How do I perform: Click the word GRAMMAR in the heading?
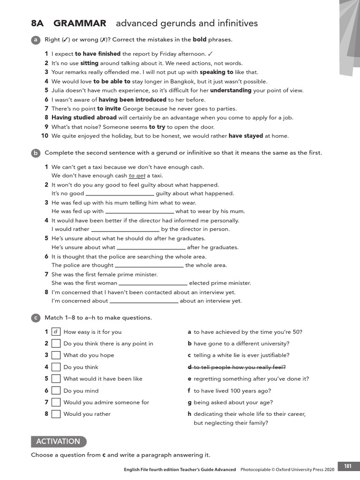80,23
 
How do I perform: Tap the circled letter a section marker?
35,40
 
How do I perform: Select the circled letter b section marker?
35,153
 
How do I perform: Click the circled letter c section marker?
35,318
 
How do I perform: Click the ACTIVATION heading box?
59,442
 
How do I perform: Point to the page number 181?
347,466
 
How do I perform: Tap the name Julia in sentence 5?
59,90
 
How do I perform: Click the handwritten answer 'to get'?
137,176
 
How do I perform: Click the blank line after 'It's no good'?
120,194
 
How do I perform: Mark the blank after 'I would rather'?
125,230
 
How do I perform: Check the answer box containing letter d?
56,332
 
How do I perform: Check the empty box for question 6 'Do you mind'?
56,390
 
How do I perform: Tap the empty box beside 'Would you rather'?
56,414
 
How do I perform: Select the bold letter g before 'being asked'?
189,402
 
